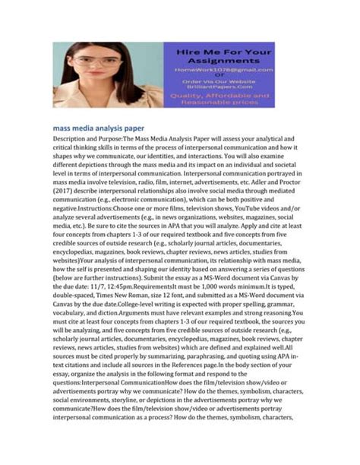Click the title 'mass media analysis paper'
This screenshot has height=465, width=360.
click(99, 128)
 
